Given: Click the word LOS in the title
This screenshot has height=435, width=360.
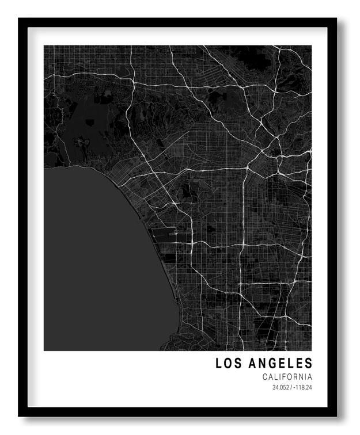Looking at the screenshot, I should click(x=228, y=363).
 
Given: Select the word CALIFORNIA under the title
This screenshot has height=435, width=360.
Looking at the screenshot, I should click(x=287, y=377).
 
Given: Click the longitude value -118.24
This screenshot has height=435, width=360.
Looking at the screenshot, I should click(x=302, y=387).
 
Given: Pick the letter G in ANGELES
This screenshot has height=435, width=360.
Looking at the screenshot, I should click(x=270, y=363).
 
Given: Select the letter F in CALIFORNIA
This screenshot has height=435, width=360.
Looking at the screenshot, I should click(x=282, y=377).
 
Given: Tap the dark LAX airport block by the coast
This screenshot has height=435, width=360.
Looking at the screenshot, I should click(x=164, y=235).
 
